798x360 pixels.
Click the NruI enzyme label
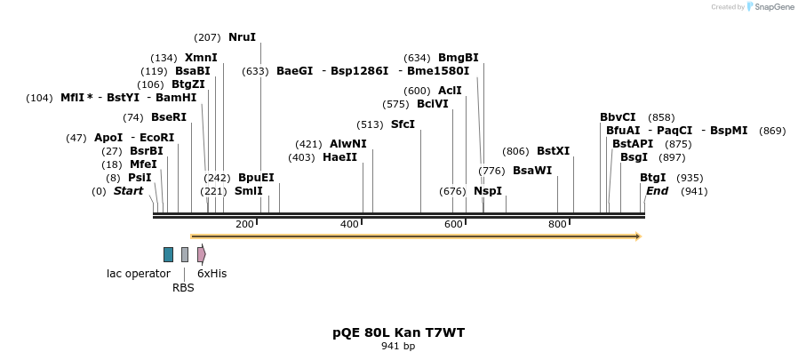[x=242, y=37]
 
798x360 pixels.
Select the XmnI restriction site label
[x=201, y=58]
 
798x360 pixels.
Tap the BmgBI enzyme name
[x=458, y=58]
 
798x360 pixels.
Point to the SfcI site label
[x=403, y=124]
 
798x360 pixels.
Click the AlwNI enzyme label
[x=347, y=144]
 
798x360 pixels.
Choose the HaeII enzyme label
[x=339, y=157]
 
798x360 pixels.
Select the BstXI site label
[x=553, y=151]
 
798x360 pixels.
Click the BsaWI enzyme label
[x=532, y=171]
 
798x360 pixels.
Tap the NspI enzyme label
[x=488, y=191]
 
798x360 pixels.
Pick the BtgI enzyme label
[x=652, y=178]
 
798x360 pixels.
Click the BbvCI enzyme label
[x=618, y=117]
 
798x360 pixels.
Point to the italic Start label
[x=128, y=191]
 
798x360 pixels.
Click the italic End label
[x=657, y=191]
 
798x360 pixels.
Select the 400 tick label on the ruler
[x=349, y=224]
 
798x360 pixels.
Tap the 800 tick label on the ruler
[x=557, y=224]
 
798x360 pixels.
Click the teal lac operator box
[x=168, y=254]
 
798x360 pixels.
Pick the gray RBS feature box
[x=185, y=254]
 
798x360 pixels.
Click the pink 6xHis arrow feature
[x=202, y=254]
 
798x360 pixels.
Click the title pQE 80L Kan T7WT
[x=398, y=332]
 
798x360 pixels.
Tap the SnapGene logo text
[x=774, y=7]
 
